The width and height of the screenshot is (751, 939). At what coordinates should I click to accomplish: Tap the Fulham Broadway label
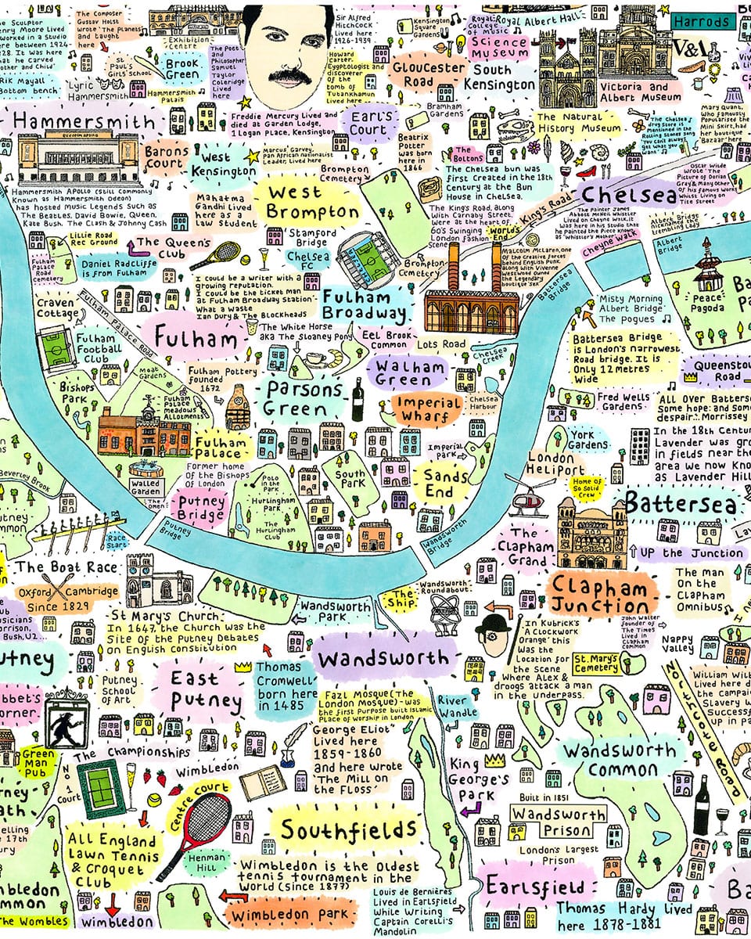367,306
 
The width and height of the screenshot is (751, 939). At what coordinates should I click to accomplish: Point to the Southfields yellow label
349,829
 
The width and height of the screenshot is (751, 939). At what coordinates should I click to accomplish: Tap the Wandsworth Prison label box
558,822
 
